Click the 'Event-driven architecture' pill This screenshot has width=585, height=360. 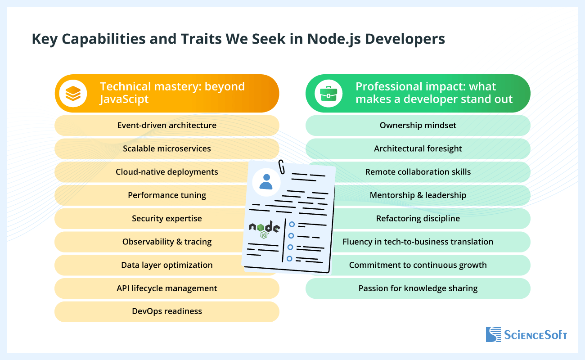(x=166, y=125)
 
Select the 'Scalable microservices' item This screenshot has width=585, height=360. (x=166, y=148)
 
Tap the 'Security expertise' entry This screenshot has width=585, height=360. (x=166, y=218)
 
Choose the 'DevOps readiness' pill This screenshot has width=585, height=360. (x=166, y=311)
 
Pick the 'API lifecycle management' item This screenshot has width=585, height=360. (x=166, y=288)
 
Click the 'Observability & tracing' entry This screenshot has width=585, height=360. (x=166, y=242)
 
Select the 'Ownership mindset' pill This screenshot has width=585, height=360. (x=418, y=125)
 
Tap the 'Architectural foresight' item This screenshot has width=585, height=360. (x=418, y=148)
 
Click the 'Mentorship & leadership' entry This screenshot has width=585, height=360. (x=418, y=195)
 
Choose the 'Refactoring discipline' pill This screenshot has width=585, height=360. (x=418, y=218)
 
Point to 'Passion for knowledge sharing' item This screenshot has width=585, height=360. (x=418, y=288)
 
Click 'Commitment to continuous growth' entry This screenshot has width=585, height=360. (x=418, y=265)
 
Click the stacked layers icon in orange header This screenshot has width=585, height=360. (x=73, y=94)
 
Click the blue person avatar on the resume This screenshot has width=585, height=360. (x=266, y=181)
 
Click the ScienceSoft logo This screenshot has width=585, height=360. (x=526, y=335)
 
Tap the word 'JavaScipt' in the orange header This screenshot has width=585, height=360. (x=124, y=99)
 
